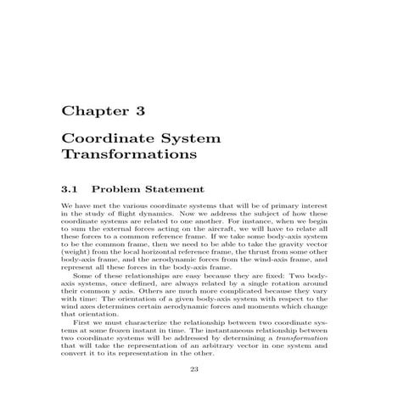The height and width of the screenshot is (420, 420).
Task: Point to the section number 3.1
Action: (72, 188)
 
